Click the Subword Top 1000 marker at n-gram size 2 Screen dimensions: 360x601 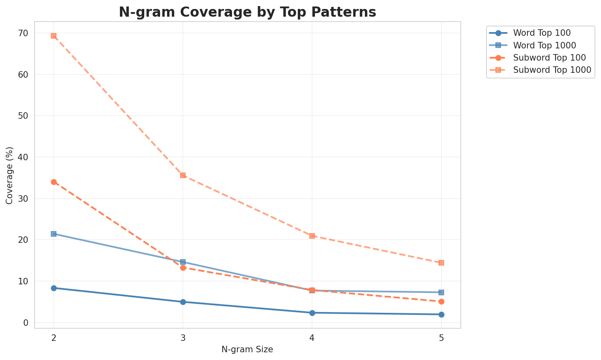54,36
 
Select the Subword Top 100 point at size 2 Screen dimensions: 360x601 54,182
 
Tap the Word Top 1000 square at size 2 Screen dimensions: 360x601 54,234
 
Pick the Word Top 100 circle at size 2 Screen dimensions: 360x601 54,288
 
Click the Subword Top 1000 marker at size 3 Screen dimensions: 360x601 183,175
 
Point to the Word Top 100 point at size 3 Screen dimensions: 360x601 183,302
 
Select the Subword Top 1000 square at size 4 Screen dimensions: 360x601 312,236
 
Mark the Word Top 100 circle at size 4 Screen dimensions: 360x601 312,313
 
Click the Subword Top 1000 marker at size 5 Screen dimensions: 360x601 441,263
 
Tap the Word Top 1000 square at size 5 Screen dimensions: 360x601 441,292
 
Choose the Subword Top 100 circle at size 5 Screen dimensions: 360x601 441,301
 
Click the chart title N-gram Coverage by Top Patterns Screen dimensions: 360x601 247,12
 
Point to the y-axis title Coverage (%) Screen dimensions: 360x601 9,175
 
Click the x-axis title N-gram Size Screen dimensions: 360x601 247,349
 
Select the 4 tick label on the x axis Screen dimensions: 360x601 312,338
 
